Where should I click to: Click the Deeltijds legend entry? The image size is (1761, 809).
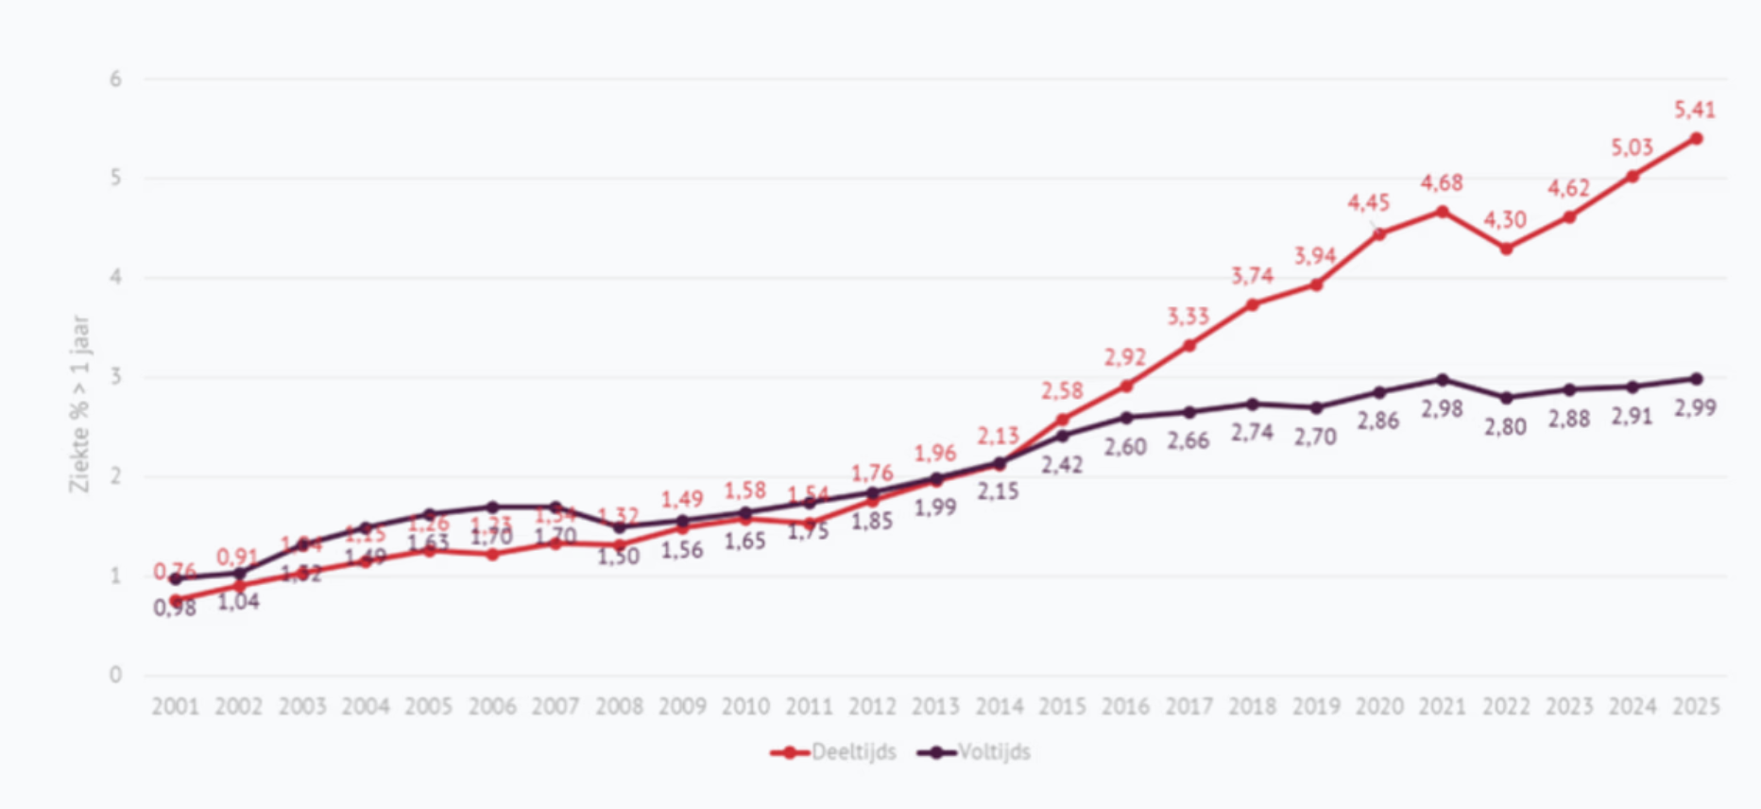click(x=834, y=752)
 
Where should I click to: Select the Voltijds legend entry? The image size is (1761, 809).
click(x=975, y=752)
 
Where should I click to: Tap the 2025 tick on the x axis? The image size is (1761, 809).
click(x=1696, y=706)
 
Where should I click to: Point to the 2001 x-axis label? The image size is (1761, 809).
click(x=176, y=706)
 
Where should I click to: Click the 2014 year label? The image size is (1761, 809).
click(x=1000, y=706)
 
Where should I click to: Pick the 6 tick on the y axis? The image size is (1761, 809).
click(x=115, y=79)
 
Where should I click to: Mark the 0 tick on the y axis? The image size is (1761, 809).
click(x=115, y=675)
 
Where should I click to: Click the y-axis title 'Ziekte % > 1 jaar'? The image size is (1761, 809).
click(x=79, y=404)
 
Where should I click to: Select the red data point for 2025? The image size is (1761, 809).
click(x=1697, y=139)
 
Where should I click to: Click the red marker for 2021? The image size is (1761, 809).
click(x=1443, y=212)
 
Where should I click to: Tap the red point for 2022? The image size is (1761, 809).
click(x=1506, y=249)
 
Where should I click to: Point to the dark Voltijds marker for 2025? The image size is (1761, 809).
click(x=1697, y=379)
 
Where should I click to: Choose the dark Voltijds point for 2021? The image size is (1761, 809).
click(x=1443, y=380)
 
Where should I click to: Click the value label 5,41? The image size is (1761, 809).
click(x=1695, y=110)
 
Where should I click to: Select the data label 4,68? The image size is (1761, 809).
click(x=1442, y=182)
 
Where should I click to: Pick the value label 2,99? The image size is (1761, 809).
click(x=1695, y=407)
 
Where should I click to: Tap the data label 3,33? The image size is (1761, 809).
click(x=1188, y=317)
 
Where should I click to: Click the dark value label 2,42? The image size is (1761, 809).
click(x=1062, y=464)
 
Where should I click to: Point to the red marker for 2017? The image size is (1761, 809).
click(x=1189, y=345)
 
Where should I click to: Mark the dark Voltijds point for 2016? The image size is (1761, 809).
click(x=1126, y=417)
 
